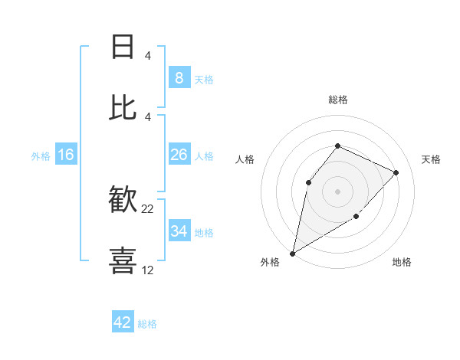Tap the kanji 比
[x=123, y=107]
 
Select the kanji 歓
[x=123, y=201]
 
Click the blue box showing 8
[x=179, y=77]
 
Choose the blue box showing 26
[x=179, y=155]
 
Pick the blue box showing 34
[x=179, y=231]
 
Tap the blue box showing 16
[x=66, y=155]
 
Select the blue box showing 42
[x=123, y=322]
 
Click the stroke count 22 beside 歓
[x=148, y=208]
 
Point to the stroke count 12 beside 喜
[x=148, y=270]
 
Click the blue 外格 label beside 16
[x=41, y=156]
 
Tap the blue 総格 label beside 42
[x=147, y=324]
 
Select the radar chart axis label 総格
[x=337, y=100]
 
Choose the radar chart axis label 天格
[x=431, y=159]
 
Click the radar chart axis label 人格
[x=245, y=159]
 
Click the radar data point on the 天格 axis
[x=396, y=172]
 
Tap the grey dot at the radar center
[x=337, y=191]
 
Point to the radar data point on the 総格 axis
[x=337, y=146]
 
